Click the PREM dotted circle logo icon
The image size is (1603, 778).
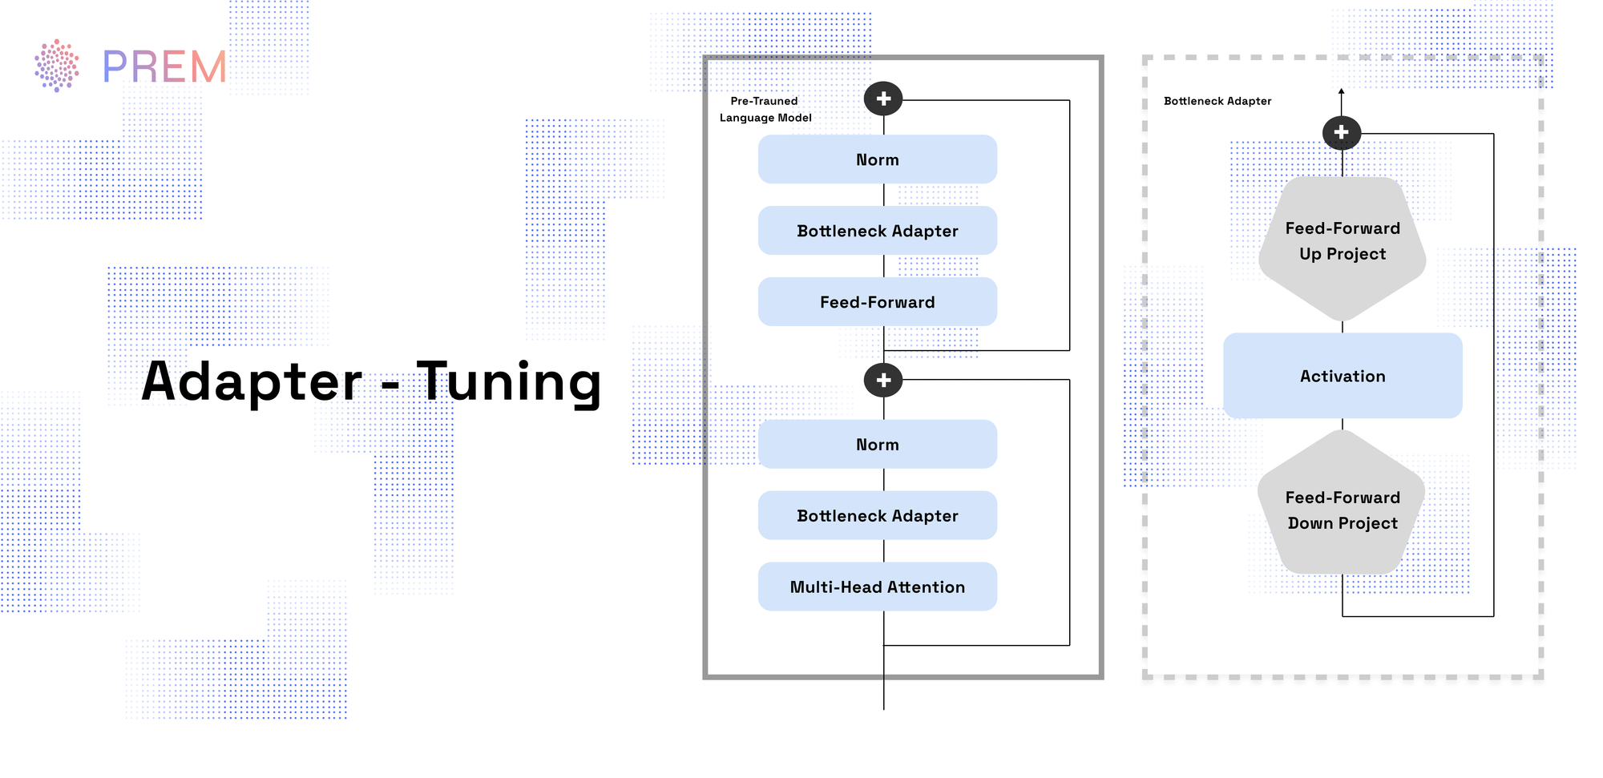click(56, 65)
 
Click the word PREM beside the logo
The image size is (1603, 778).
click(164, 67)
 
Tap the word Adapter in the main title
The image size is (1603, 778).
click(252, 381)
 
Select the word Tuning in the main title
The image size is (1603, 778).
click(509, 381)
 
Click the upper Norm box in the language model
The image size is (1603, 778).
click(877, 159)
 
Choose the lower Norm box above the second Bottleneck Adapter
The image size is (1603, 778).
click(877, 445)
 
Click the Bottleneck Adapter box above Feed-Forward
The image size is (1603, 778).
click(877, 231)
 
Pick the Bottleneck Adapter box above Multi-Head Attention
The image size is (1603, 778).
click(877, 516)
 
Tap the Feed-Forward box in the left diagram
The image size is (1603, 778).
click(877, 302)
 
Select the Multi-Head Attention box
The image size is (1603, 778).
click(877, 587)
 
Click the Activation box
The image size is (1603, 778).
click(1342, 376)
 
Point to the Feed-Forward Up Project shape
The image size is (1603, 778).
click(1342, 241)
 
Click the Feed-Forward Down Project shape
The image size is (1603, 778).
click(1342, 510)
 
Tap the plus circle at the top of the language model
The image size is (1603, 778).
click(883, 99)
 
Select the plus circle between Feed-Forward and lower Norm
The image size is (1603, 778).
click(883, 380)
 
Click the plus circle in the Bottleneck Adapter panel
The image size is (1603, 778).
click(1341, 132)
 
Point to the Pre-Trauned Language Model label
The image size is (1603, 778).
click(765, 109)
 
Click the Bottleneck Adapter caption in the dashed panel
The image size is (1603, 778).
click(1217, 101)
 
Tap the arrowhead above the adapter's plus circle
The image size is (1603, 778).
click(1341, 91)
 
